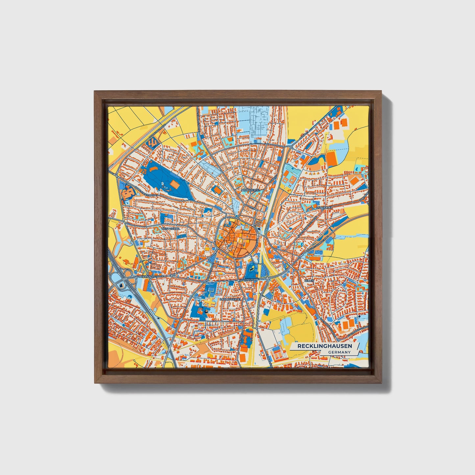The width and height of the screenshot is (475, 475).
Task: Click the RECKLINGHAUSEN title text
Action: point(324,346)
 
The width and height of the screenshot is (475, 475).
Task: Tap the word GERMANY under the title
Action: point(339,352)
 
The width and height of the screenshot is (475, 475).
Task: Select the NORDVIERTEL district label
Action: point(250,190)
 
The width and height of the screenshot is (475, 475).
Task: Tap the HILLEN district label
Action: point(309,281)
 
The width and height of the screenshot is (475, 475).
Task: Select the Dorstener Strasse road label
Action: point(147,194)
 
